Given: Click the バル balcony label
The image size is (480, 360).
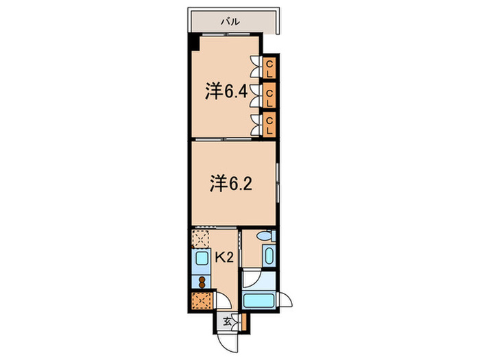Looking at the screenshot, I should click(230, 22).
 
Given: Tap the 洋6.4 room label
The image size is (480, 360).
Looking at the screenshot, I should click(226, 91).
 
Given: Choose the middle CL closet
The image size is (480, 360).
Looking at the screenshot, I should click(270, 95).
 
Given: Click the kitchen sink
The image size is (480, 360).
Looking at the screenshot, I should click(202, 259).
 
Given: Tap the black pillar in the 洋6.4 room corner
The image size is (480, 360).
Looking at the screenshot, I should click(195, 44).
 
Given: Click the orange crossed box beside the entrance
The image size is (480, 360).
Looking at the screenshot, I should click(203, 301).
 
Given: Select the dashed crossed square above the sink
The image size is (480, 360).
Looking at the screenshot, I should click(202, 239).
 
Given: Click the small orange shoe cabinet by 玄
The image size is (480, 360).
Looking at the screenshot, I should click(241, 321).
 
